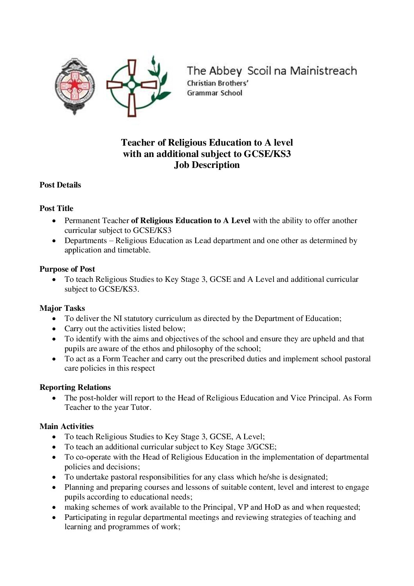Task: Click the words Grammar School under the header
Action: tap(214, 93)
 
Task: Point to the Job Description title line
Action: tap(207, 165)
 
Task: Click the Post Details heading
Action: tap(60, 185)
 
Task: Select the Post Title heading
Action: tap(56, 208)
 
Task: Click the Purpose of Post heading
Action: tap(67, 269)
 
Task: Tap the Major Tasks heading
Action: tap(62, 308)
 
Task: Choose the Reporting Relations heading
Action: tap(75, 387)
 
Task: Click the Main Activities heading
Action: tap(67, 426)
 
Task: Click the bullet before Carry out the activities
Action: tap(54, 329)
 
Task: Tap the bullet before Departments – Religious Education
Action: tap(54, 241)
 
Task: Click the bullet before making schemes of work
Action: tap(54, 507)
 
